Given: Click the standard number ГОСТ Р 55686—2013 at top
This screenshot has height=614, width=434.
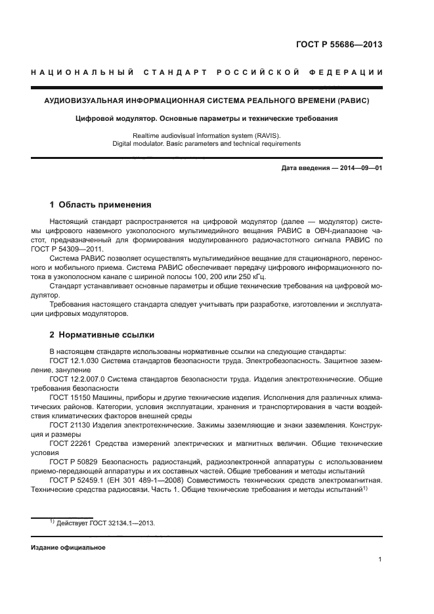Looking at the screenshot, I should pos(339,45).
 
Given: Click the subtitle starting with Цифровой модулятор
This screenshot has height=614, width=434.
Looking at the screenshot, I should pos(207,119).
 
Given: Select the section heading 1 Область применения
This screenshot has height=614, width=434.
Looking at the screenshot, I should pos(100,205).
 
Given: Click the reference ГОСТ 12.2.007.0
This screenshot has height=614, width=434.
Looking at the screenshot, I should pos(77,379).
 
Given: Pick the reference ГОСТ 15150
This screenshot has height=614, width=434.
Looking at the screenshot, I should pos(68,398).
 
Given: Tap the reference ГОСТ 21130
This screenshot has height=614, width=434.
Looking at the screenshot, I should pos(68,426).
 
